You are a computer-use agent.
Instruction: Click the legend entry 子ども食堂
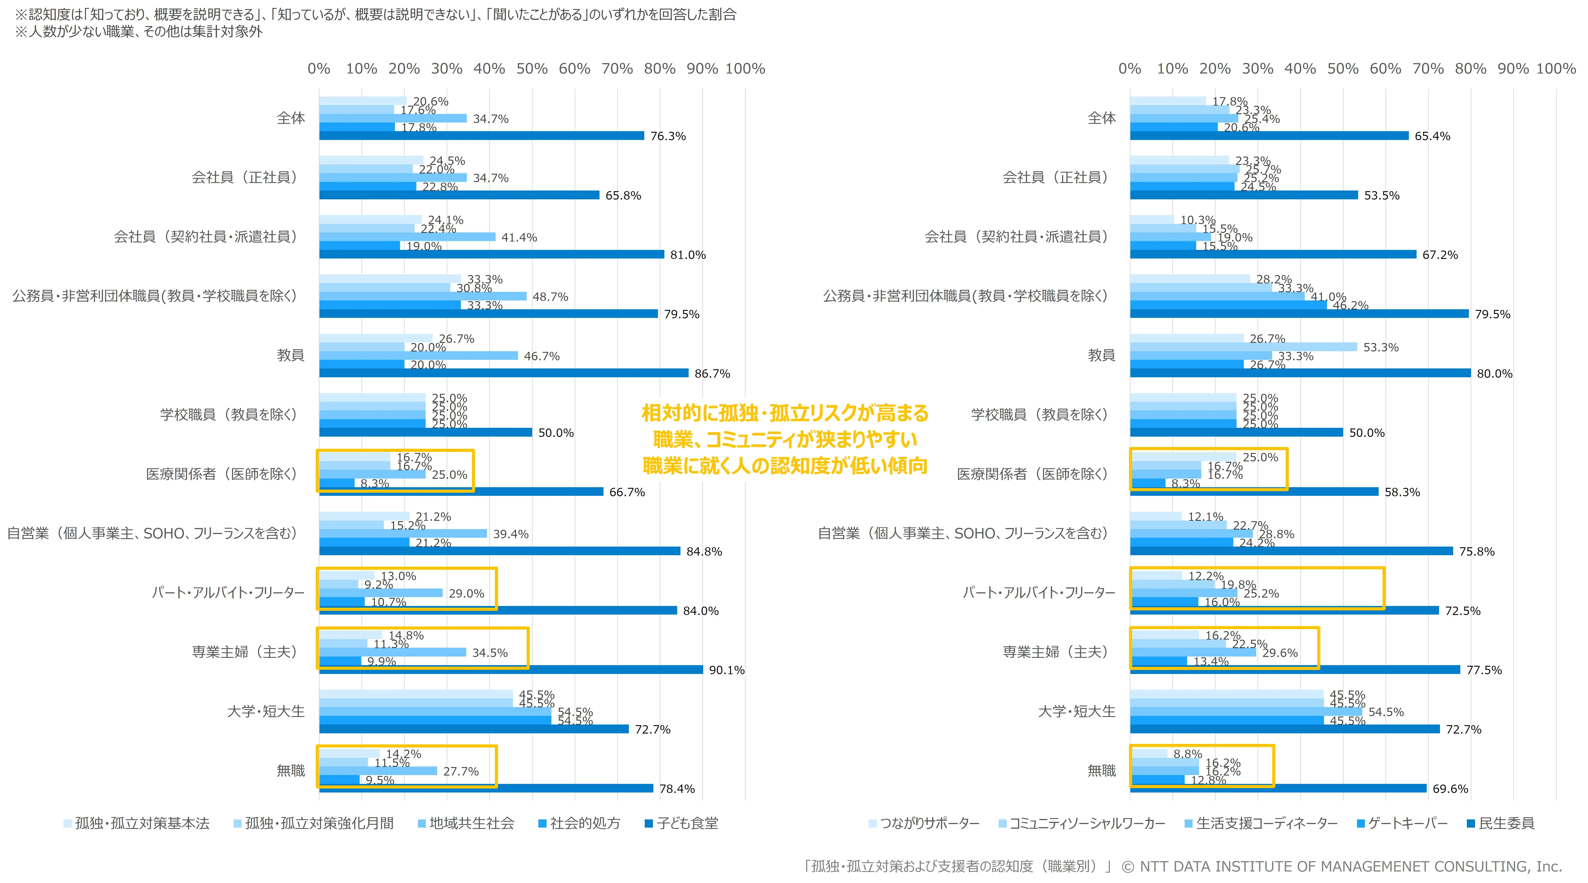[x=687, y=823]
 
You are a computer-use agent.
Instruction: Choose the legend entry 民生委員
[x=1506, y=823]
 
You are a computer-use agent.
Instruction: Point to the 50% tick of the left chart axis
[x=532, y=68]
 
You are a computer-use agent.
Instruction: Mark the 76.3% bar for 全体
[x=481, y=136]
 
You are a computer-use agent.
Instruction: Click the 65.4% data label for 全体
[x=1432, y=136]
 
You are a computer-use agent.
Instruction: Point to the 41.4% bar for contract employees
[x=407, y=237]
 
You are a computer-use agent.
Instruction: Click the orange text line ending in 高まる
[x=785, y=413]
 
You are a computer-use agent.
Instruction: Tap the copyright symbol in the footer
[x=1128, y=867]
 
